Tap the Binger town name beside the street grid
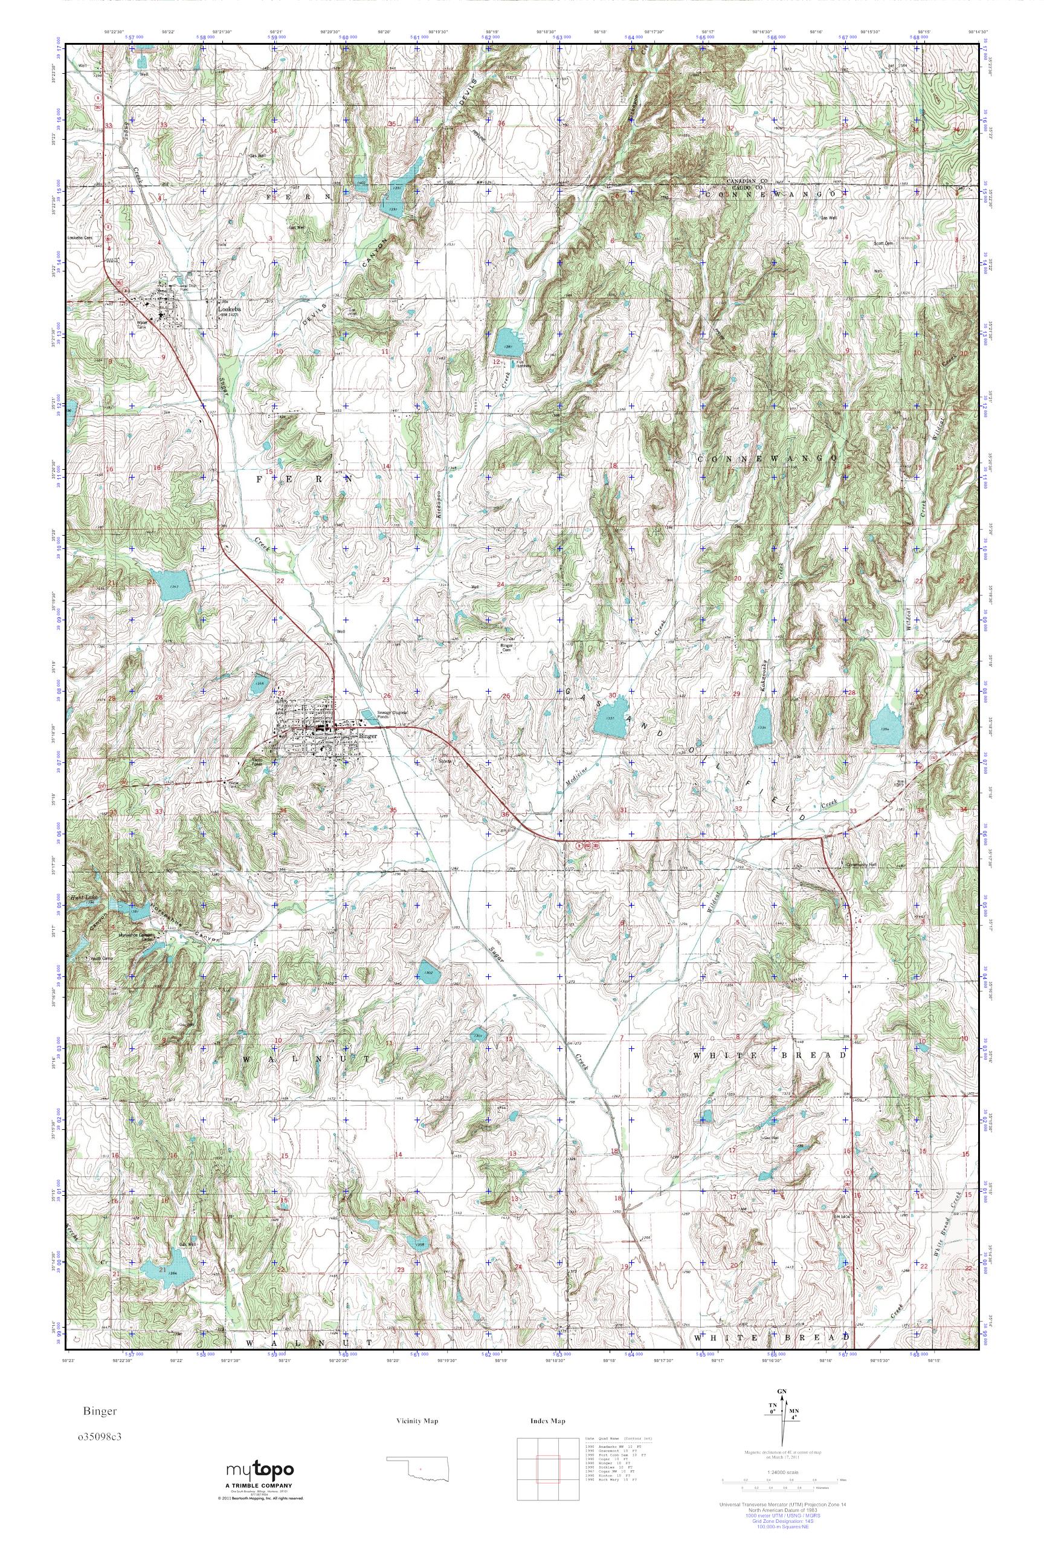pyautogui.click(x=367, y=736)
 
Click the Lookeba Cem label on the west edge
pyautogui.click(x=79, y=237)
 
